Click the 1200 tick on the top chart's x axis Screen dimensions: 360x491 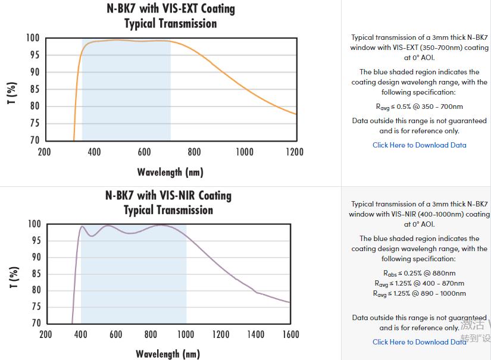[x=294, y=152]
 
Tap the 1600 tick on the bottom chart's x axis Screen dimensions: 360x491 [x=290, y=334]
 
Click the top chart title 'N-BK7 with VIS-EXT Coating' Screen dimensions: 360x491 [x=170, y=9]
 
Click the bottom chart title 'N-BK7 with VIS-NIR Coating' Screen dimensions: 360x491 [x=168, y=195]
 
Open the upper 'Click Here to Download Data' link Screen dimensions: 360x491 [x=419, y=145]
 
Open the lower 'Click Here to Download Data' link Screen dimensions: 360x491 [x=419, y=342]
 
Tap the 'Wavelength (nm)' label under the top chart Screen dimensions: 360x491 [x=170, y=172]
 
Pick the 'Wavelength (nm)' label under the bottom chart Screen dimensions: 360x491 [x=168, y=354]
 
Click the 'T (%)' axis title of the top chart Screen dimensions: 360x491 [x=12, y=93]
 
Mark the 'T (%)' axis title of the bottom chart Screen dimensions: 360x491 [x=13, y=277]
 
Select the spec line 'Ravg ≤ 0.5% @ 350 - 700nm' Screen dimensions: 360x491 [x=419, y=107]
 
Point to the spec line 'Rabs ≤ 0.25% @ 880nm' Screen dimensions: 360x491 [x=419, y=274]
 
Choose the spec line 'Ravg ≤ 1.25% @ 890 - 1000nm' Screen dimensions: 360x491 [x=419, y=293]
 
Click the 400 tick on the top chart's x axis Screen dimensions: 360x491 [x=94, y=152]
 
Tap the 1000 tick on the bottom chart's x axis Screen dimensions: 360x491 [x=186, y=334]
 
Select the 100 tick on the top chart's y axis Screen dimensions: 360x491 [x=33, y=38]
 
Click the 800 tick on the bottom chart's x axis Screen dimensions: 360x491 [x=151, y=334]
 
